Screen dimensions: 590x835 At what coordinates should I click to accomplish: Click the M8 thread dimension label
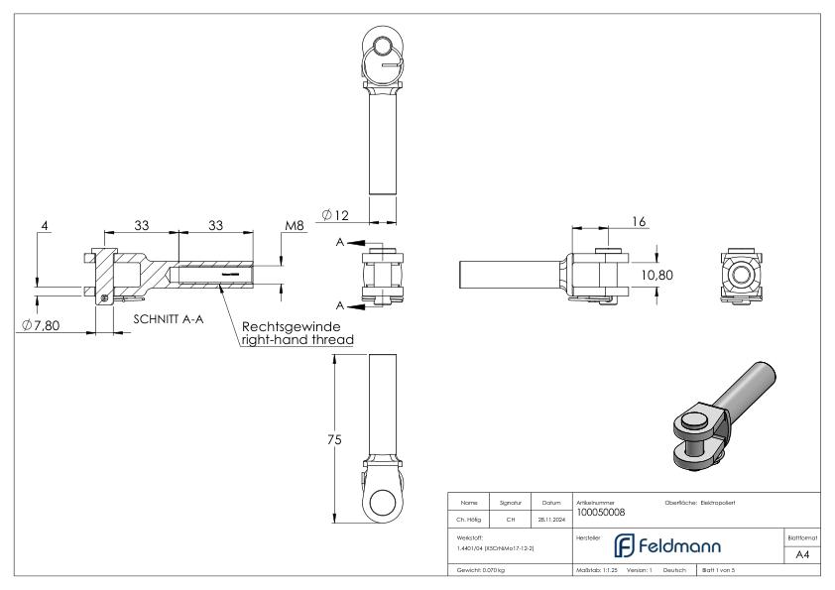pyautogui.click(x=294, y=227)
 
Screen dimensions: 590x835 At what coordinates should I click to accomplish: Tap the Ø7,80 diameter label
pyautogui.click(x=40, y=325)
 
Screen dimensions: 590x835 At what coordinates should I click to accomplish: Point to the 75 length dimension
pyautogui.click(x=335, y=439)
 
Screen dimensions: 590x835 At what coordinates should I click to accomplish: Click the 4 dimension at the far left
pyautogui.click(x=46, y=227)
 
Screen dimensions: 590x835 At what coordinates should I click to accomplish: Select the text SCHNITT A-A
pyautogui.click(x=169, y=319)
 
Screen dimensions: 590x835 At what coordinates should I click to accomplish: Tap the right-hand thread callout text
pyautogui.click(x=296, y=339)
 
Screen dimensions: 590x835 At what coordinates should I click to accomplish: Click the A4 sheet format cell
pyautogui.click(x=802, y=556)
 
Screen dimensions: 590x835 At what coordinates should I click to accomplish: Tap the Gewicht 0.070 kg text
pyautogui.click(x=480, y=570)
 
